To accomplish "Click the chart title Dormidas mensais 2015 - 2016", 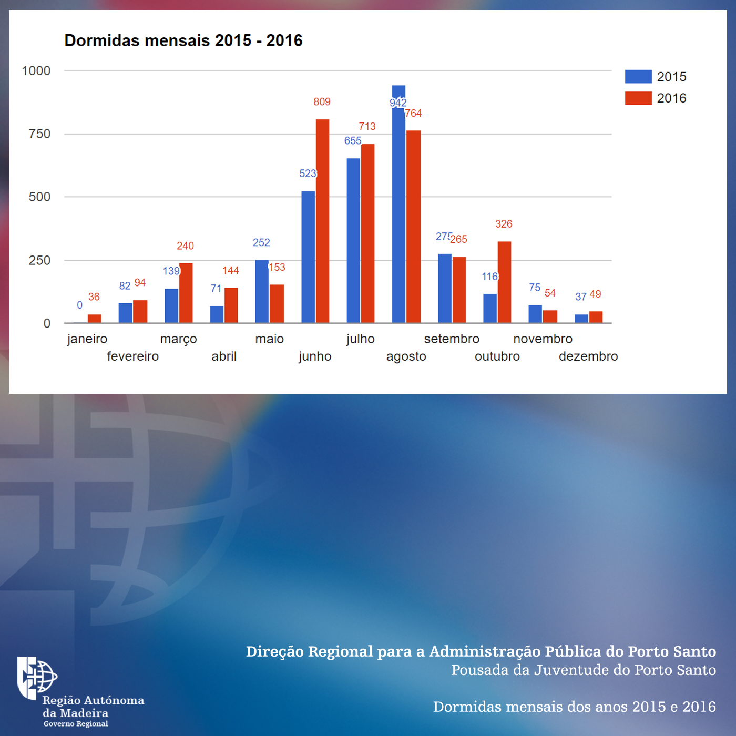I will (x=183, y=40).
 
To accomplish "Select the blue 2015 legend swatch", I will (x=638, y=77).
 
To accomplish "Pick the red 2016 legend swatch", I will (x=638, y=98).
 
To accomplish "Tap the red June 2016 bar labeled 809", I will (x=322, y=221).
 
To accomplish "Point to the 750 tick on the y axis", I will (x=39, y=134).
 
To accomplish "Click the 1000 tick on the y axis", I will (x=36, y=71).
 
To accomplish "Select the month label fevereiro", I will (x=132, y=356).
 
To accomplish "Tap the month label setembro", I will (x=452, y=339).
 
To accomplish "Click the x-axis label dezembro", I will (x=588, y=356).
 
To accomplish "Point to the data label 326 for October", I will (x=504, y=224).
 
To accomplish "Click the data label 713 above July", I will (x=367, y=126).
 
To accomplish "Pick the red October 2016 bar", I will (x=504, y=282).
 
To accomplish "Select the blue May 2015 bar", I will (x=261, y=291).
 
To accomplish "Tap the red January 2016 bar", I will (x=94, y=319).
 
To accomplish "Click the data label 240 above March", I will (x=185, y=246).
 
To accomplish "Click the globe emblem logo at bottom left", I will (x=37, y=677).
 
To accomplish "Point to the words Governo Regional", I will (x=76, y=724).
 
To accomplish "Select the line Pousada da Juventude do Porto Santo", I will (x=583, y=670).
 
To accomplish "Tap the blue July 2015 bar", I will (x=353, y=240).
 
